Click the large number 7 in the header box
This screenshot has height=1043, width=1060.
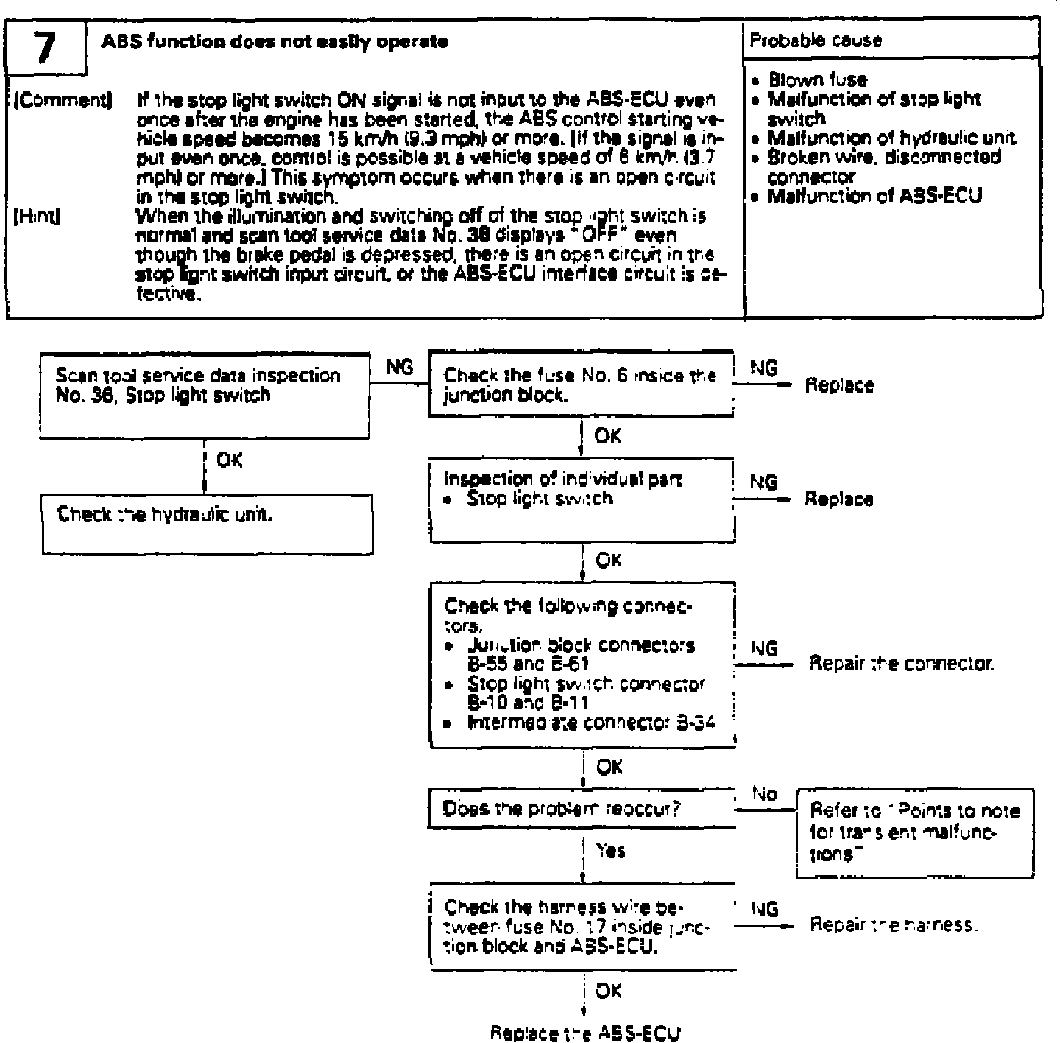pyautogui.click(x=45, y=47)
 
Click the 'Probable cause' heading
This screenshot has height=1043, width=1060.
pyautogui.click(x=816, y=41)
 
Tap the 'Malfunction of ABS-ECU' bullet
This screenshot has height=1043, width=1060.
pyautogui.click(x=875, y=196)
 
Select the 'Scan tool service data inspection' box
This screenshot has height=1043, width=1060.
pyautogui.click(x=205, y=396)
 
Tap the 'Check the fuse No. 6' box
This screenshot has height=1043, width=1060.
pyautogui.click(x=581, y=384)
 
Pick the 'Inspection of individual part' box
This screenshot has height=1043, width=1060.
pyautogui.click(x=581, y=499)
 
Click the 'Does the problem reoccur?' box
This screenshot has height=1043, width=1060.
pyautogui.click(x=581, y=809)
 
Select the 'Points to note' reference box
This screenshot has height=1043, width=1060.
pyautogui.click(x=914, y=832)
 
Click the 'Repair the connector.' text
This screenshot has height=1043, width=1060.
pyautogui.click(x=902, y=664)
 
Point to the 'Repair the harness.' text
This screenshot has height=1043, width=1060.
pyautogui.click(x=894, y=924)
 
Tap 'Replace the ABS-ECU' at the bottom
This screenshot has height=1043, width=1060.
pyautogui.click(x=585, y=1032)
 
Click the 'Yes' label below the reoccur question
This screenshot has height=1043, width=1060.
pyautogui.click(x=611, y=851)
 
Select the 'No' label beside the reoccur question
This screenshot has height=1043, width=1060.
pyautogui.click(x=765, y=793)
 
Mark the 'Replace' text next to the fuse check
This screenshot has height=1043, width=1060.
pyautogui.click(x=839, y=385)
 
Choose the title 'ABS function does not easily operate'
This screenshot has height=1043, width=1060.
pyautogui.click(x=274, y=42)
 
